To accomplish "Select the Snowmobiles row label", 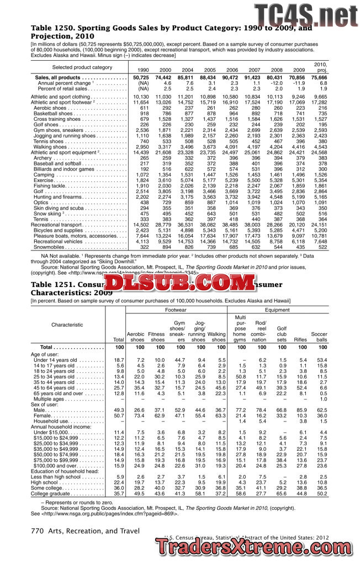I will [50, 248].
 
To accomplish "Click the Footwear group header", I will [176, 311].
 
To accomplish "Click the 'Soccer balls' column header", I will [319, 337].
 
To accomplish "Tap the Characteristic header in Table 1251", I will [67, 325].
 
